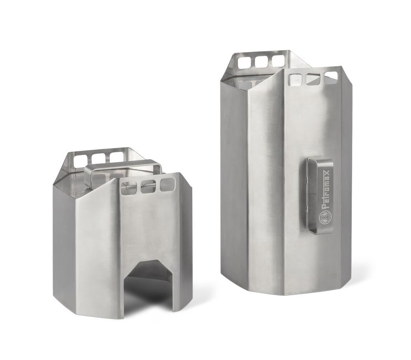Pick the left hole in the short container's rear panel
coord(81,160)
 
